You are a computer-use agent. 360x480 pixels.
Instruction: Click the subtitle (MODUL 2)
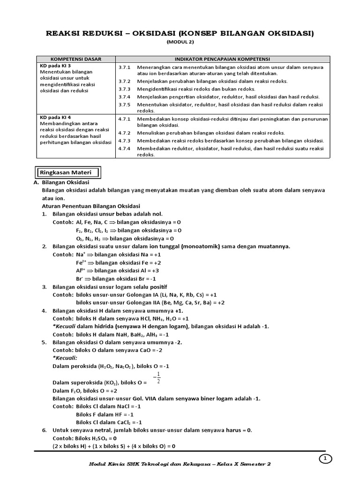pos(180,42)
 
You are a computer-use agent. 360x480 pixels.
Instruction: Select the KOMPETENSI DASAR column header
pos(75,59)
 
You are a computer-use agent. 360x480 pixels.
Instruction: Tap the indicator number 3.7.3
pos(124,89)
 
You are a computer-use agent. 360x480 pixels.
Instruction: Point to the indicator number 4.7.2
pos(124,133)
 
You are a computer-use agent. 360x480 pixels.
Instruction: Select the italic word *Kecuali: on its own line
pos(65,358)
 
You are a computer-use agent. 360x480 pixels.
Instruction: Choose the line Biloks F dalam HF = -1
pos(105,414)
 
